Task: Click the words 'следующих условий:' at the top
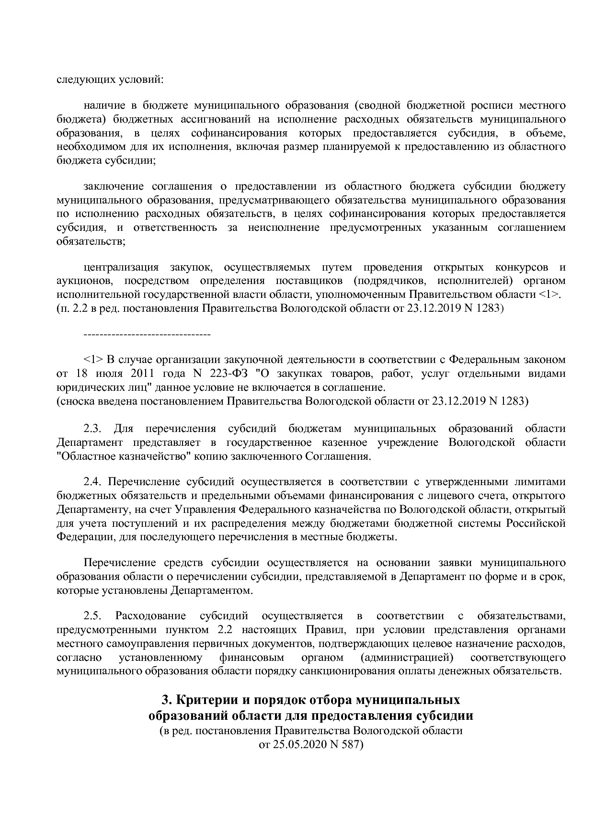point(110,79)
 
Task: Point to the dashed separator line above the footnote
point(147,333)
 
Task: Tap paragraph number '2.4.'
point(93,482)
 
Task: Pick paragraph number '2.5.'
point(93,616)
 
